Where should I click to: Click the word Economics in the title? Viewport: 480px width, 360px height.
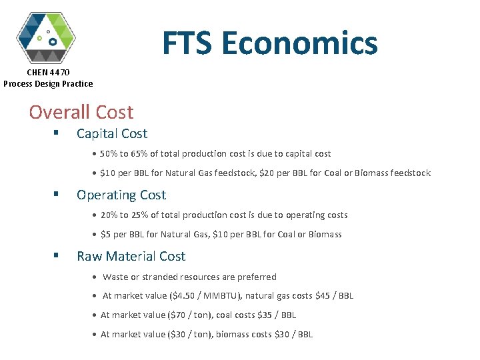coord(300,44)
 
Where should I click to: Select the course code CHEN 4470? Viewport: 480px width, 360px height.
coord(48,72)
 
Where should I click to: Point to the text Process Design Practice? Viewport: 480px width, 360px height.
coord(48,83)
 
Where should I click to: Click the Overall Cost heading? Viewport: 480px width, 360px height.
coord(81,112)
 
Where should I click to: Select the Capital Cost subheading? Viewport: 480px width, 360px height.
coord(112,133)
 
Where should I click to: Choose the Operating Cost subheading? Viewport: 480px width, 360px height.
coord(121,195)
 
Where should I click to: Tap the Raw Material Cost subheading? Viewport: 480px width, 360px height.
coord(131,256)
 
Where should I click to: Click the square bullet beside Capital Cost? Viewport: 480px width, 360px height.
coord(56,133)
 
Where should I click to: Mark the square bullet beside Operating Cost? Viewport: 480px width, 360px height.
coord(56,195)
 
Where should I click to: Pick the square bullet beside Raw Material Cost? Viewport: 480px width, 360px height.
coord(56,256)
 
